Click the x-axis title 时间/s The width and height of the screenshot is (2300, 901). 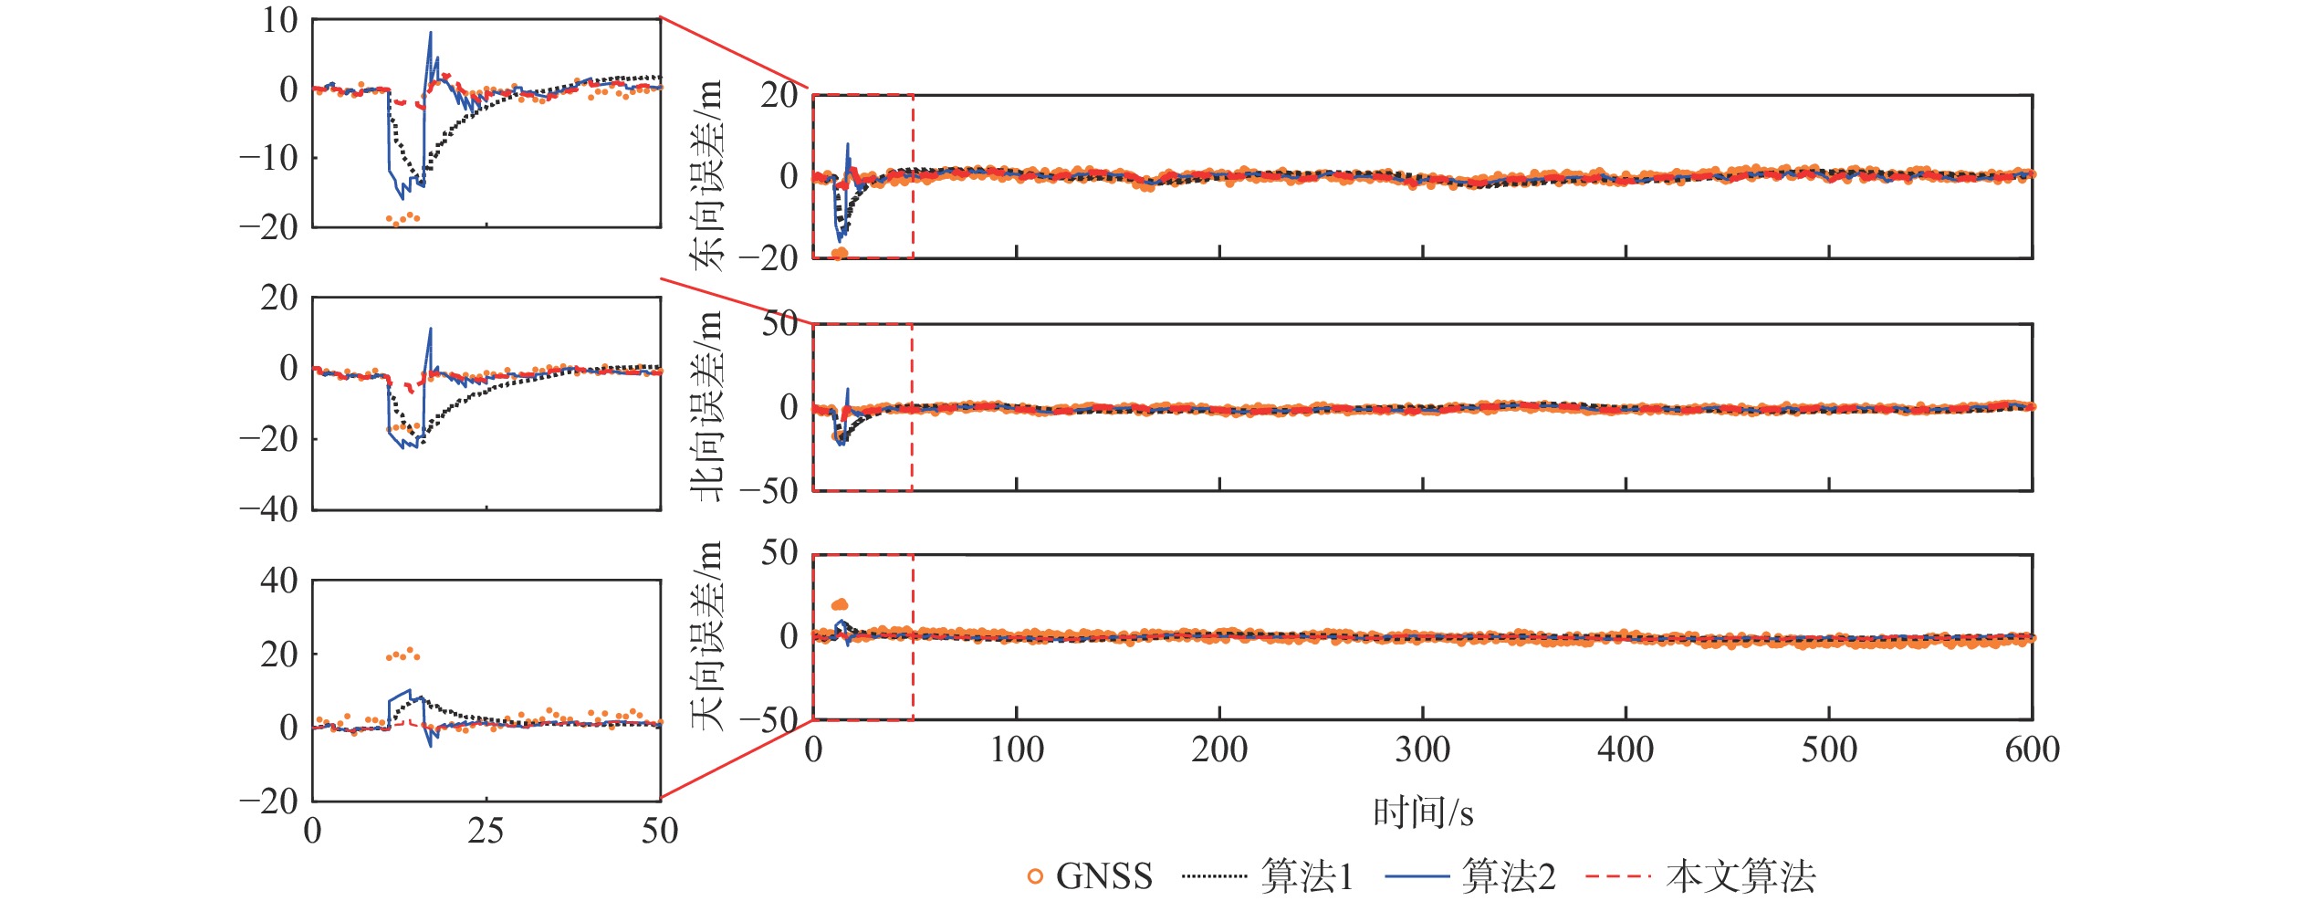click(1423, 812)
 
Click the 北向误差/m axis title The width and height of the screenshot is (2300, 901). click(708, 406)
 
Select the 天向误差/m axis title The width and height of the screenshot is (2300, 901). click(708, 636)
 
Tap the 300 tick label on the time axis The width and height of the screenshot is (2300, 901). click(1423, 750)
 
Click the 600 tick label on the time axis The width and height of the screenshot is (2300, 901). click(2032, 750)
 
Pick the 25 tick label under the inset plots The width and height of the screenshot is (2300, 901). click(486, 831)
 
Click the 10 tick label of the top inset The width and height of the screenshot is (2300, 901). click(279, 20)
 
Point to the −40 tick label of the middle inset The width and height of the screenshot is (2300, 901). click(268, 508)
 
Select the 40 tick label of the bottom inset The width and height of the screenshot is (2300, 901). click(278, 580)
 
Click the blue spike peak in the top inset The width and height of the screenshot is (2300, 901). click(431, 34)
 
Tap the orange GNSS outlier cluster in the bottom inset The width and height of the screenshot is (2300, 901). click(402, 655)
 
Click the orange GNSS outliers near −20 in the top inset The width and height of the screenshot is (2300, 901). click(402, 218)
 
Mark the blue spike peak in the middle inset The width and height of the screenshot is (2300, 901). click(431, 330)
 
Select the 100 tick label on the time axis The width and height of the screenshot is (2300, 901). click(1017, 750)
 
